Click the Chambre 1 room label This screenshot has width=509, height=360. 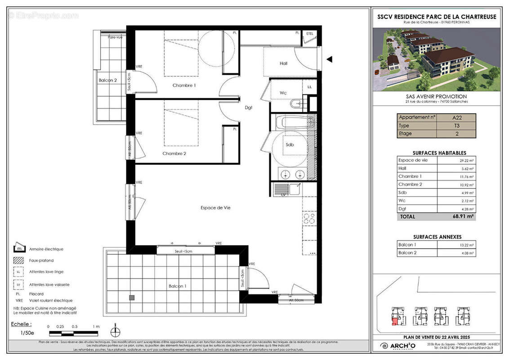point(184,85)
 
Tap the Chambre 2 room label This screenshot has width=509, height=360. point(174,153)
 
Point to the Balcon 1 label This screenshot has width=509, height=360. point(178,286)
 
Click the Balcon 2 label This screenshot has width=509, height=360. point(107,81)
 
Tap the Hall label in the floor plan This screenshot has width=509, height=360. point(283,63)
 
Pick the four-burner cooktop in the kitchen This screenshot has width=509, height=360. point(309,219)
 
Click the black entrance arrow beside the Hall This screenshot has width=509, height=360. point(330,59)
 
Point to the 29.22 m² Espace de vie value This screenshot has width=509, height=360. point(466,160)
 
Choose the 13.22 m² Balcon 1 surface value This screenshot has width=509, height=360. point(466,245)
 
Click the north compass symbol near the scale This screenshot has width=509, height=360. point(116,332)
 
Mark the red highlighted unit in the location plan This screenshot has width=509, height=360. point(394,321)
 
